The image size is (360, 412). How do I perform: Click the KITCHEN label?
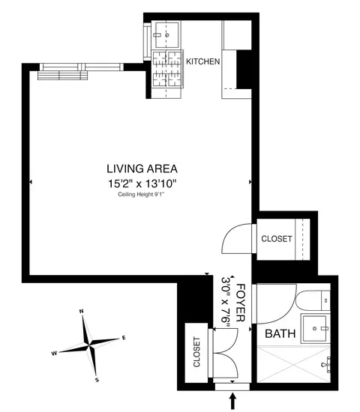(x=202, y=61)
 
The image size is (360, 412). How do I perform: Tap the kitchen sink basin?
(x=164, y=34)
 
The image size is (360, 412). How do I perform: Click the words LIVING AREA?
(x=142, y=169)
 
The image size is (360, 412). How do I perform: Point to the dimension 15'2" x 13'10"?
(x=142, y=182)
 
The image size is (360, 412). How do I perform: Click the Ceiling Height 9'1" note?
(x=142, y=195)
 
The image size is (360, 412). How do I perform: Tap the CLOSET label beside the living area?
(x=276, y=239)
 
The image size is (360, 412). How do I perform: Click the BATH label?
(x=280, y=334)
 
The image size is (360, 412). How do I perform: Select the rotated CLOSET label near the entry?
(x=196, y=353)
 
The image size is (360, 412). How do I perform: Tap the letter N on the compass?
(x=81, y=311)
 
